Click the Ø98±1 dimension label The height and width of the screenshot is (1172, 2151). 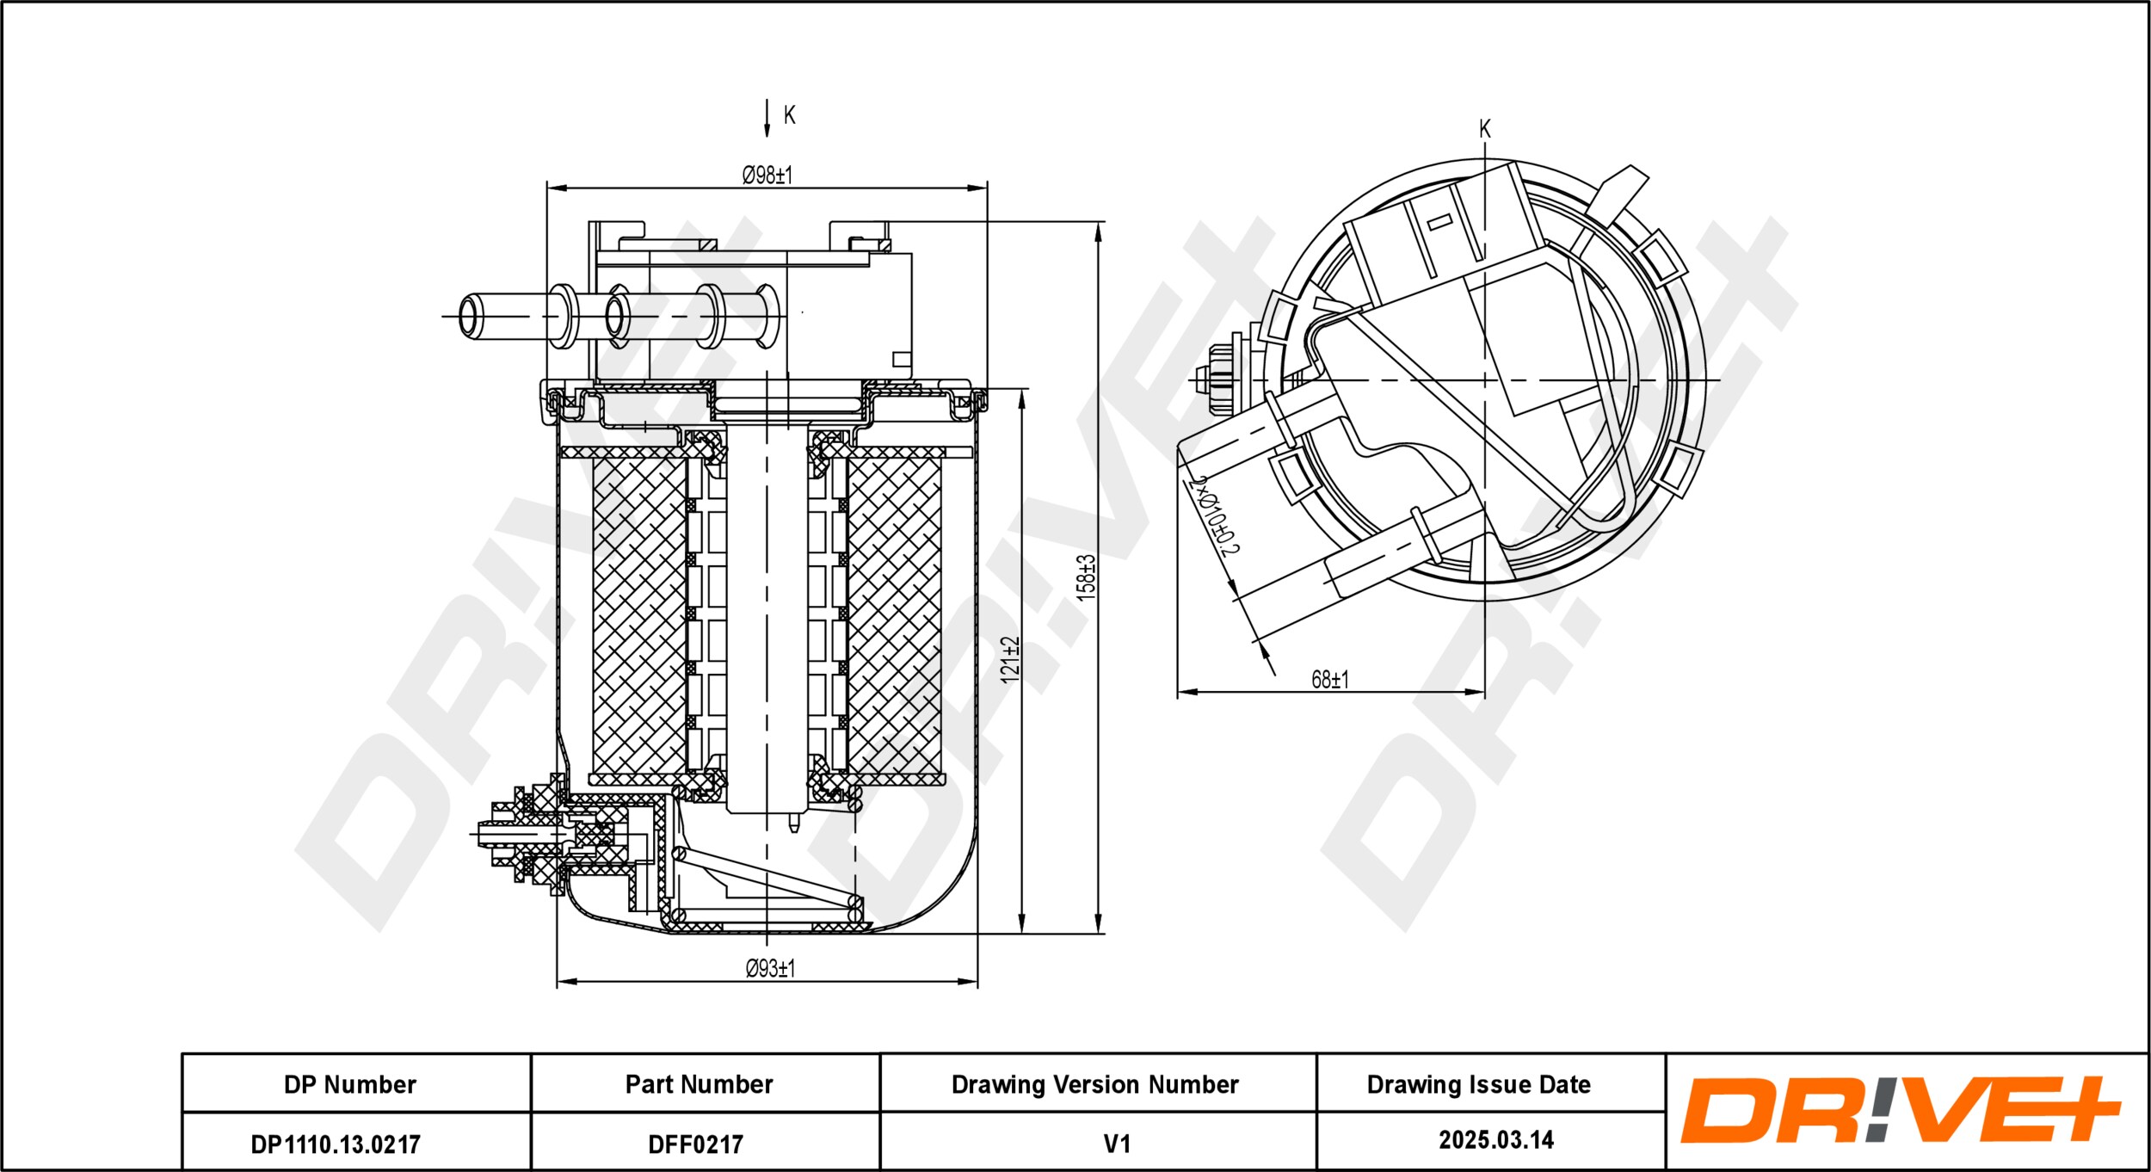click(x=767, y=176)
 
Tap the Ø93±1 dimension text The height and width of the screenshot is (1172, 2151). click(x=770, y=969)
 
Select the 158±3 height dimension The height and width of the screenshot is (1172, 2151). click(x=1087, y=577)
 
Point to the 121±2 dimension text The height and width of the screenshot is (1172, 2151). click(x=1010, y=660)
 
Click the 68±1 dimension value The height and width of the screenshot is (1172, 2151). click(x=1329, y=680)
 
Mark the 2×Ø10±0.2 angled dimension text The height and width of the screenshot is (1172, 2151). click(x=1213, y=515)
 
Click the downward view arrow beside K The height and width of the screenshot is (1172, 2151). click(x=767, y=118)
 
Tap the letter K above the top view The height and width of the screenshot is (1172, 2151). click(x=1484, y=129)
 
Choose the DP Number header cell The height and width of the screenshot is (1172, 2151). click(x=350, y=1084)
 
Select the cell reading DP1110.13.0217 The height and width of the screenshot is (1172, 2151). click(x=336, y=1144)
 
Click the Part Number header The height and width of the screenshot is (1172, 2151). click(x=699, y=1084)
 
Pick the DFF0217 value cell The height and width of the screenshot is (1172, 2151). click(x=695, y=1144)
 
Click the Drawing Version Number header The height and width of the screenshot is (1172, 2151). click(x=1094, y=1084)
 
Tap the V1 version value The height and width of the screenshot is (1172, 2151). click(x=1116, y=1144)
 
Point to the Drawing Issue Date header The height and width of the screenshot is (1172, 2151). click(x=1478, y=1084)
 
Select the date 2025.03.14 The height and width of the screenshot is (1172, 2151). click(x=1496, y=1140)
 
